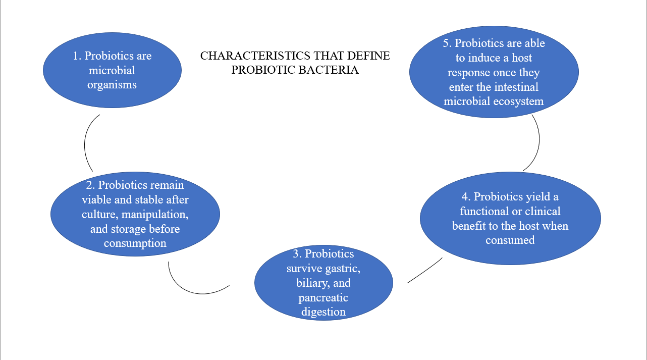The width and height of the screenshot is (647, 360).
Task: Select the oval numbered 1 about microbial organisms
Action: pos(112,70)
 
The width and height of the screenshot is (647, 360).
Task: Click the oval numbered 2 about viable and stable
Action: pos(135,214)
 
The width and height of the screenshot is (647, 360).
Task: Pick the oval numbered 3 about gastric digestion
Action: pos(323,283)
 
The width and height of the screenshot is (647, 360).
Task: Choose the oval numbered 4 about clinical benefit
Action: pos(510,218)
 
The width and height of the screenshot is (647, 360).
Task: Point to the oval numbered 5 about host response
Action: pos(494,72)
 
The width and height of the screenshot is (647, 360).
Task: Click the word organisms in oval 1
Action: pos(112,85)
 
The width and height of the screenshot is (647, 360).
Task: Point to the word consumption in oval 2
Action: pos(135,243)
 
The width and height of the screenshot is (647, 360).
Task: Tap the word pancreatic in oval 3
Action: pos(323,297)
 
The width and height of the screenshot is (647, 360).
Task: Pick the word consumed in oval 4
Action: pos(510,240)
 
